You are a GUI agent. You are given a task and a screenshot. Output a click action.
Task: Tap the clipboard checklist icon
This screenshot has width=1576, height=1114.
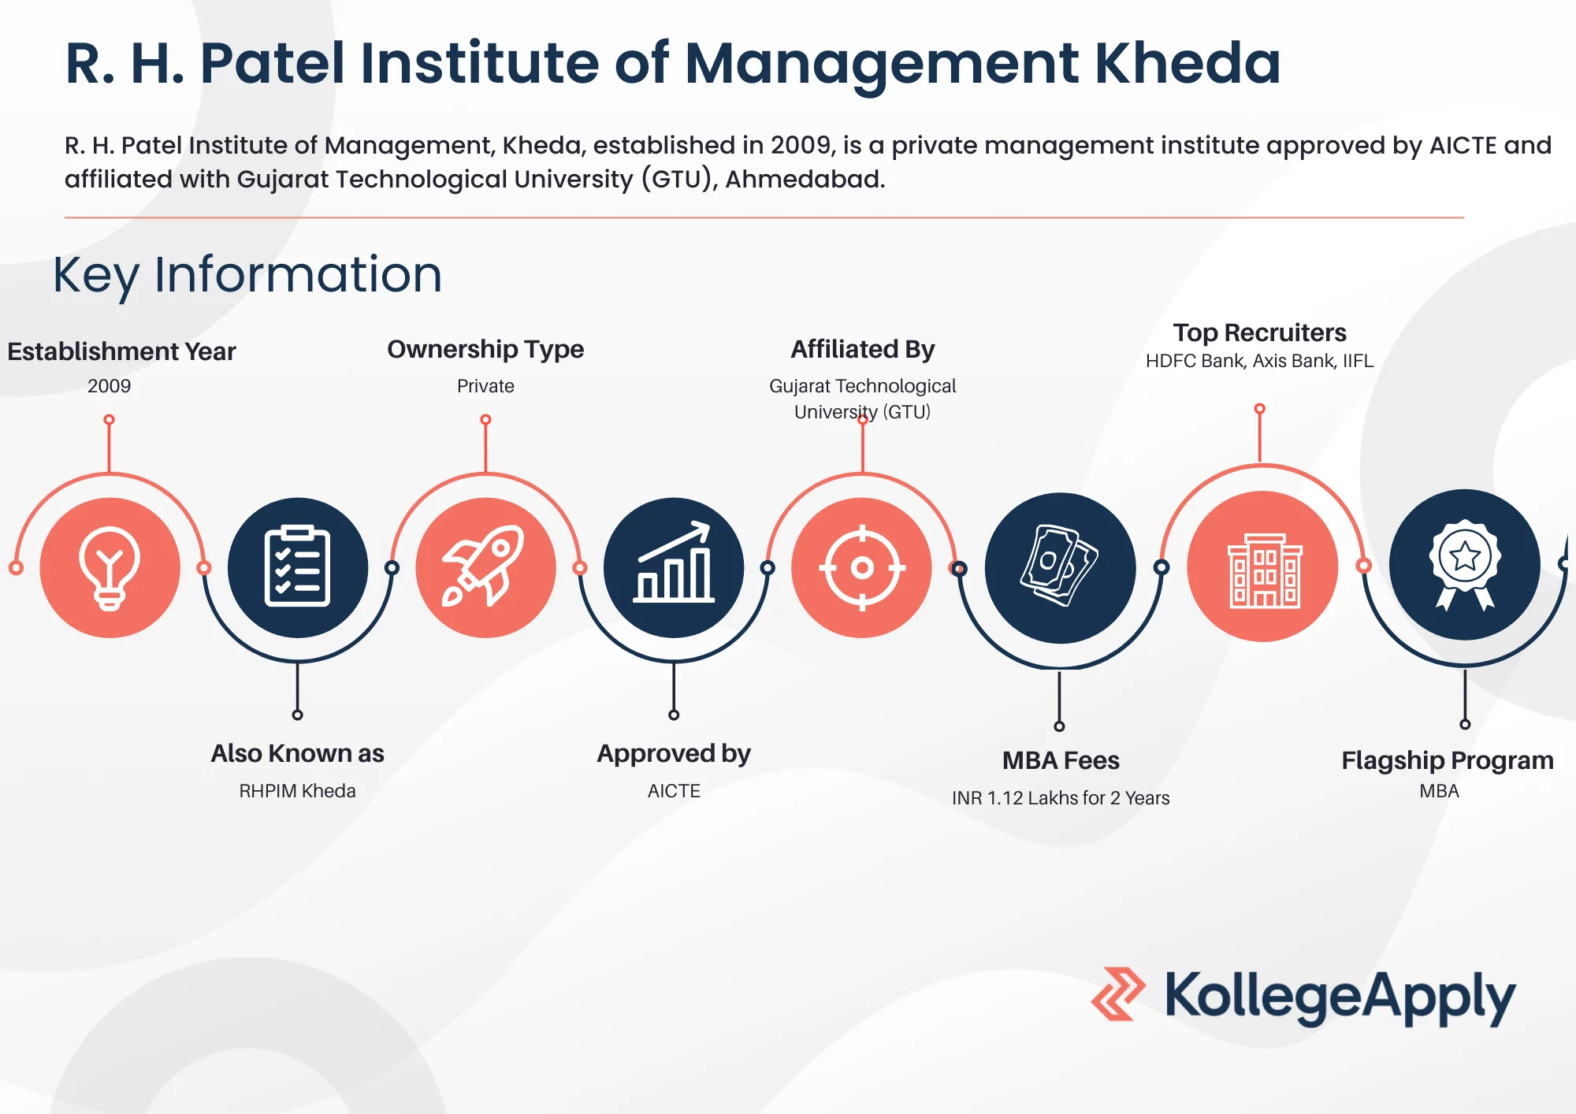[x=297, y=566]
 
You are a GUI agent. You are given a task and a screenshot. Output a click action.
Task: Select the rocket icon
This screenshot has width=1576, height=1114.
[x=485, y=566]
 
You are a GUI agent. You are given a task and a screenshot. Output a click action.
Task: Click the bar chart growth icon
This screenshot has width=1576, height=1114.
[x=674, y=562]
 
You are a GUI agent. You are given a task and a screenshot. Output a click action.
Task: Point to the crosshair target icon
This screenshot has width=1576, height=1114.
[x=862, y=567]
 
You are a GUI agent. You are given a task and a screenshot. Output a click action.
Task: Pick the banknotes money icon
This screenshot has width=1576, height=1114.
[x=1060, y=566]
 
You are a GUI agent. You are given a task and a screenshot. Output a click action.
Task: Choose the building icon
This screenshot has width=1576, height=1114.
[x=1265, y=570]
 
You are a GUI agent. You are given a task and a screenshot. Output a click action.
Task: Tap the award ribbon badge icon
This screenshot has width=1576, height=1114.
[x=1465, y=564]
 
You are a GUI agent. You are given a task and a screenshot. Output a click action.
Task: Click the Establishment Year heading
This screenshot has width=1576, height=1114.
[x=121, y=351]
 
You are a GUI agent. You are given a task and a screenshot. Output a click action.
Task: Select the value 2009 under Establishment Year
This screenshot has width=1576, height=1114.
[x=110, y=386]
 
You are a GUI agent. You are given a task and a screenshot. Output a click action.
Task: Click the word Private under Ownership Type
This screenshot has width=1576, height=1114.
[x=485, y=386]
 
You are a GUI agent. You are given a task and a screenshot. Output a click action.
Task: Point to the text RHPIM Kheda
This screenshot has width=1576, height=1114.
[x=297, y=790]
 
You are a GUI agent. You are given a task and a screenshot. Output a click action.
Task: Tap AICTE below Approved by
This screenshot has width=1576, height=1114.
[x=674, y=790]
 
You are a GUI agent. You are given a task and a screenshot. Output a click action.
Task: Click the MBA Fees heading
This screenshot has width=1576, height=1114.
[x=1061, y=760]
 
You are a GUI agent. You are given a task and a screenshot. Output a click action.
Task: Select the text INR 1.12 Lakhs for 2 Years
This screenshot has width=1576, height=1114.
[x=1061, y=798]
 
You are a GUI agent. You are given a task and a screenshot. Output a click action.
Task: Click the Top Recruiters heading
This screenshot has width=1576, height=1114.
[x=1259, y=332]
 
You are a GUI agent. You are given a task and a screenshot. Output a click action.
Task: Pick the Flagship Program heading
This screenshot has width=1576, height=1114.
[x=1448, y=760]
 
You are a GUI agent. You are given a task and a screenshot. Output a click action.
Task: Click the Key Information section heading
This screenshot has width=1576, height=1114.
[x=247, y=275]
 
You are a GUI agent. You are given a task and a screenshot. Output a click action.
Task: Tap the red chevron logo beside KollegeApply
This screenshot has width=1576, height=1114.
[x=1118, y=994]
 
